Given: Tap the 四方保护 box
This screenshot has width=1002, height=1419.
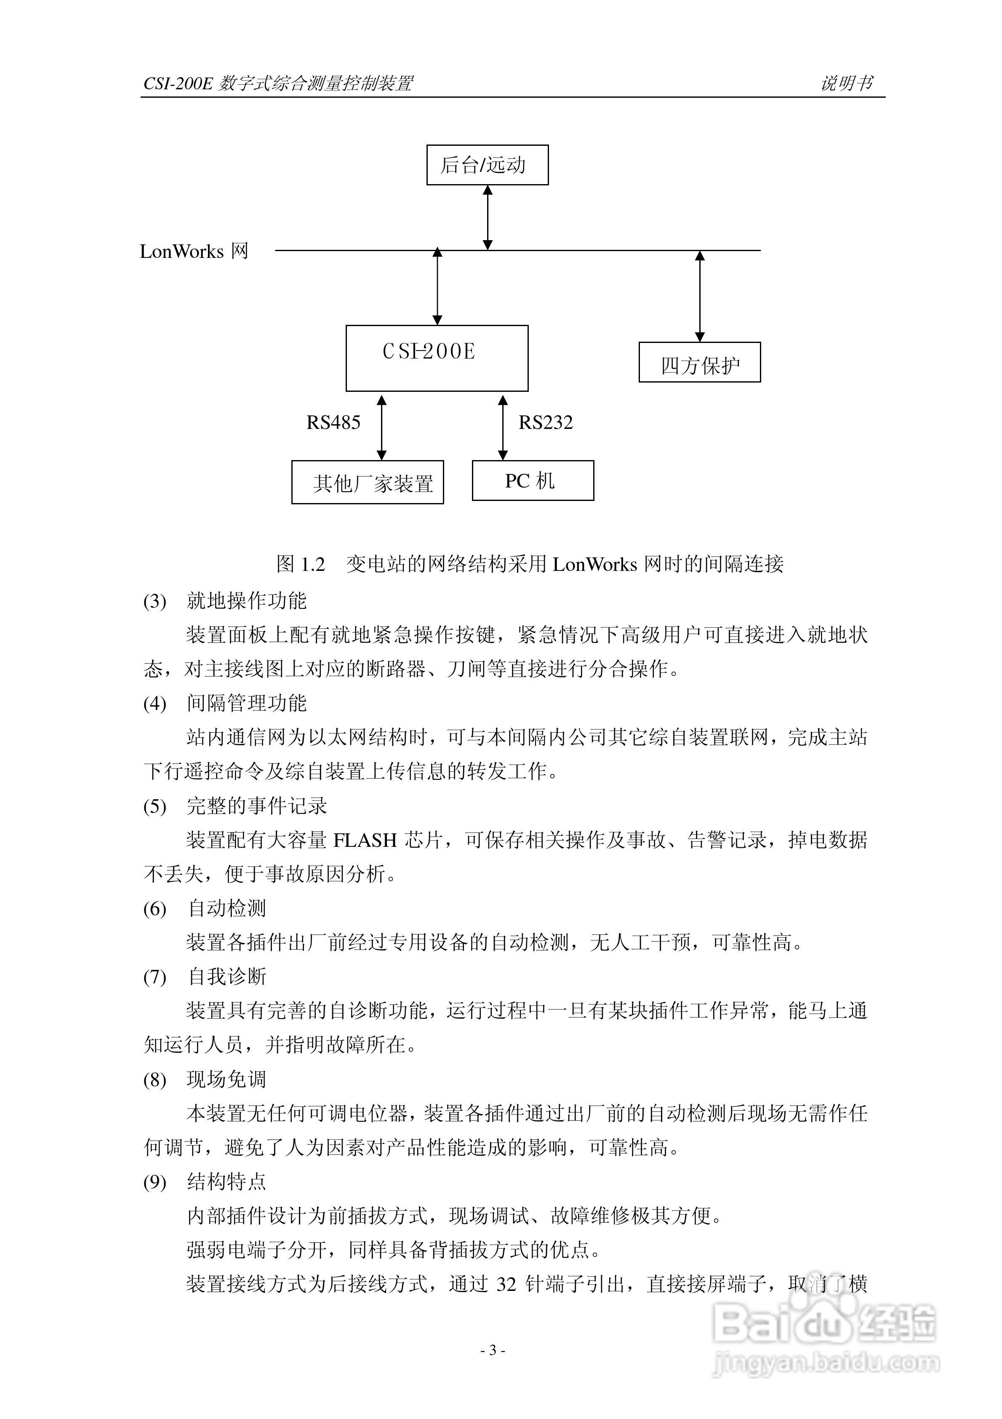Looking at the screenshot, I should [699, 362].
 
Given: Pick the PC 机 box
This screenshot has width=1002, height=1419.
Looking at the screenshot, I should [533, 480].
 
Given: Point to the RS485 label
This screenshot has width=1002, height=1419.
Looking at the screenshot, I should [333, 423].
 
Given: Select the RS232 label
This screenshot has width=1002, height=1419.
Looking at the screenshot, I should [546, 423].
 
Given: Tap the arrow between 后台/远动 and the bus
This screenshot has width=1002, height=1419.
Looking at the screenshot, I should [488, 217].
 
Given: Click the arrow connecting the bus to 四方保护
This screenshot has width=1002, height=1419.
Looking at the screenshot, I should [700, 296].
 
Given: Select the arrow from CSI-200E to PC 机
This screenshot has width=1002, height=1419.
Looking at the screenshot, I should [503, 428].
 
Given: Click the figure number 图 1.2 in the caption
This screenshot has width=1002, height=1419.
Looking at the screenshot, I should [301, 564].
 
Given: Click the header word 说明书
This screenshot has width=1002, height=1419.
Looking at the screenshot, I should [846, 83].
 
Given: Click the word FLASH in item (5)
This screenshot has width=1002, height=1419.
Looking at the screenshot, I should [365, 840].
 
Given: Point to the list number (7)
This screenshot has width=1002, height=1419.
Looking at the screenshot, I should [155, 977].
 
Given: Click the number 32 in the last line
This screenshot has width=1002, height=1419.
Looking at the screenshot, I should [506, 1284].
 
